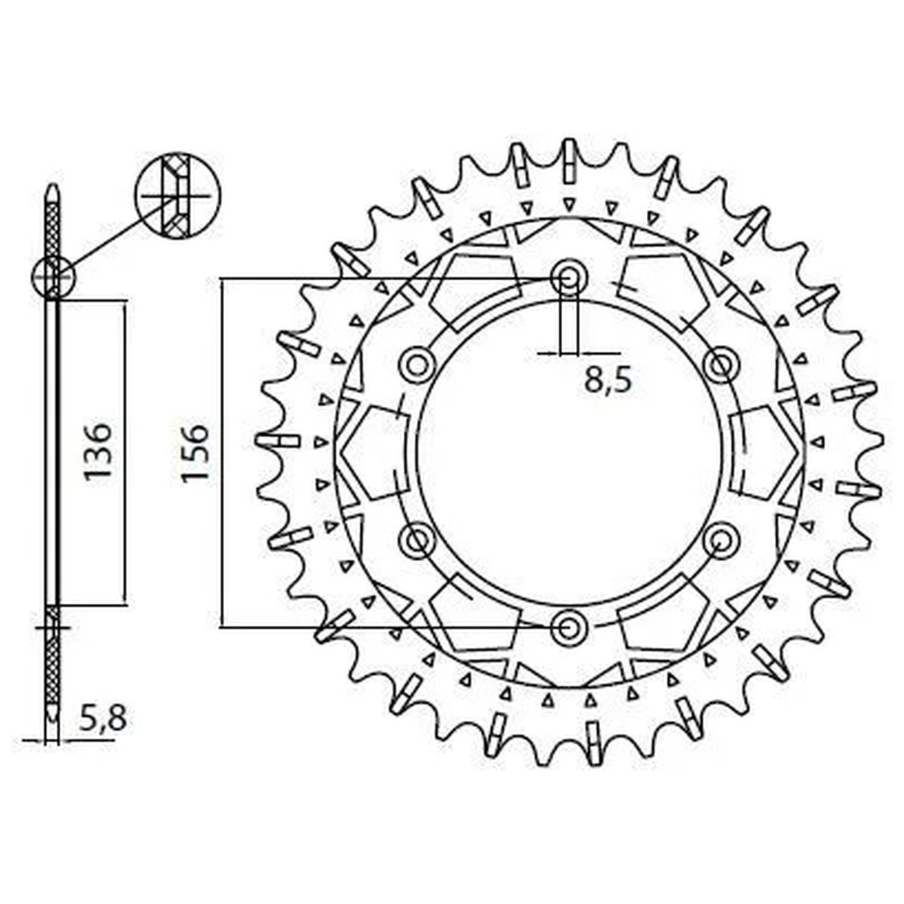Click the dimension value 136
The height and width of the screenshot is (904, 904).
tap(98, 452)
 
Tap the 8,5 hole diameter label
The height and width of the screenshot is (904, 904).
tap(608, 381)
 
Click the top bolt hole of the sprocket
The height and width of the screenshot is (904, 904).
tap(567, 278)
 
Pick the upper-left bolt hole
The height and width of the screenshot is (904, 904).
tap(416, 364)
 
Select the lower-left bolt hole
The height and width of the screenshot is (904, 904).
tap(416, 539)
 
